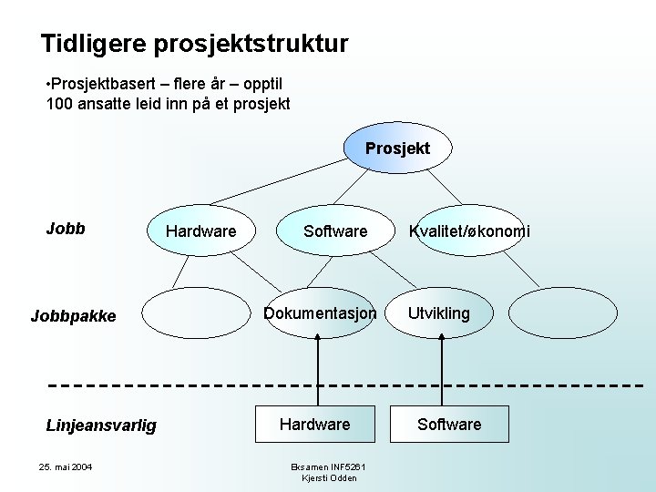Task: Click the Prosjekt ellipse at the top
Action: tap(397, 149)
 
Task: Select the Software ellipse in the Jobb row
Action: tap(335, 231)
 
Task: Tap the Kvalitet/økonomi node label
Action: tap(469, 231)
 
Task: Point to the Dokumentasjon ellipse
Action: tap(320, 313)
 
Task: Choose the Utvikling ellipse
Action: tap(439, 313)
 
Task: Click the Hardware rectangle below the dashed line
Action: tap(314, 425)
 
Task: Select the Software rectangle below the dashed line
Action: tap(449, 425)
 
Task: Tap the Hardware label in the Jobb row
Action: tap(200, 231)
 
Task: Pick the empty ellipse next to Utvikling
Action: tap(555, 313)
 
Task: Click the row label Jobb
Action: tap(66, 229)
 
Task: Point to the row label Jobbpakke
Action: tap(73, 316)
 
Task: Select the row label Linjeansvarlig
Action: tap(101, 425)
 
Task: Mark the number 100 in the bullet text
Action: tap(60, 104)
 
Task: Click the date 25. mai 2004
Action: tap(65, 467)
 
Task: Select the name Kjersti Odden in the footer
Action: tap(329, 478)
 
